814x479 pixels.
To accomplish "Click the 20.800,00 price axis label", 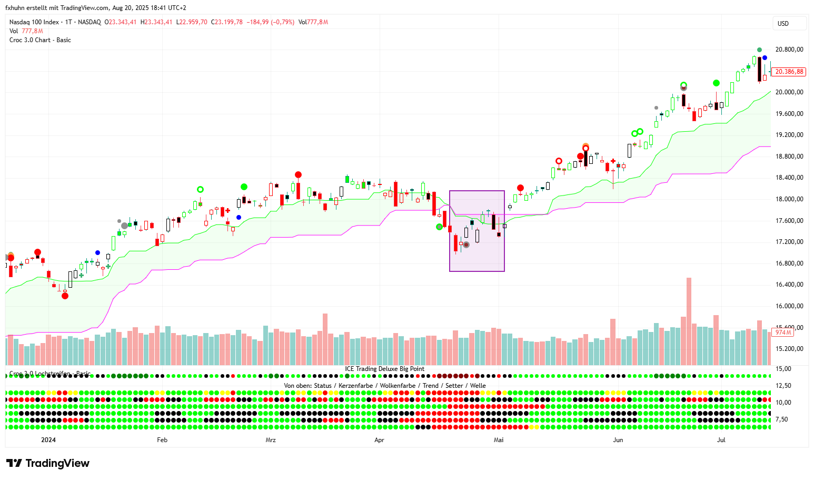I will pyautogui.click(x=789, y=50).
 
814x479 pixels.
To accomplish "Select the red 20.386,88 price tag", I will pyautogui.click(x=789, y=72).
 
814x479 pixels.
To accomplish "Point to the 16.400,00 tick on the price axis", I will pyautogui.click(x=789, y=285).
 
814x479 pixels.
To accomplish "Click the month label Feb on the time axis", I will pyautogui.click(x=162, y=440).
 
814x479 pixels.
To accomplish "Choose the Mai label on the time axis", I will pyautogui.click(x=499, y=440).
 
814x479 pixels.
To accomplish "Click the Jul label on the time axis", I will pyautogui.click(x=721, y=440).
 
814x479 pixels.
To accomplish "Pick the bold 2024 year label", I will pyautogui.click(x=48, y=440).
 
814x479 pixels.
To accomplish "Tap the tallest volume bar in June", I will pyautogui.click(x=689, y=321).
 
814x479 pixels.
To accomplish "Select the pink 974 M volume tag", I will pyautogui.click(x=783, y=333).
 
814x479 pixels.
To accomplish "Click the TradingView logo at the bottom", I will pyautogui.click(x=48, y=463).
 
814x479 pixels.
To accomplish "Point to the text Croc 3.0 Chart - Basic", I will pyautogui.click(x=40, y=40).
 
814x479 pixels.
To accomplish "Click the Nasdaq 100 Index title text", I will pyautogui.click(x=34, y=22).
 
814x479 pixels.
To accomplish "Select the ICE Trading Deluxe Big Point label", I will pyautogui.click(x=384, y=369).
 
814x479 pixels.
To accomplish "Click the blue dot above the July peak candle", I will pyautogui.click(x=765, y=58).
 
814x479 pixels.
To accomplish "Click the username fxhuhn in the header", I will pyautogui.click(x=15, y=8).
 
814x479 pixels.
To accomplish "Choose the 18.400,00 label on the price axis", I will pyautogui.click(x=789, y=178).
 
